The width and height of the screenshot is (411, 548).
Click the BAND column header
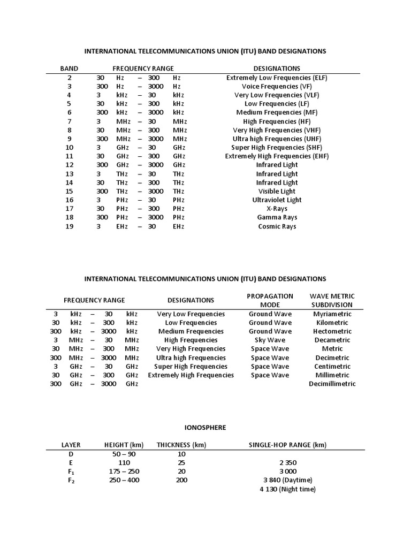[69, 68]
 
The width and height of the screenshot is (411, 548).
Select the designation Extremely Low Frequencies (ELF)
[277, 78]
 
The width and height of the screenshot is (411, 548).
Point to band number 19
[69, 226]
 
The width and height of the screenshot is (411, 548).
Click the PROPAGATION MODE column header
[270, 300]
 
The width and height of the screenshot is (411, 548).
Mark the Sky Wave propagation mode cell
[270, 340]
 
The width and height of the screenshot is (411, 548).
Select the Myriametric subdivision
[332, 314]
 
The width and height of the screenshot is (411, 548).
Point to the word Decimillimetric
[332, 384]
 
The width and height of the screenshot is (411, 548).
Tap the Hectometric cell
[332, 331]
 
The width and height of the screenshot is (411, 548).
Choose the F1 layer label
[71, 471]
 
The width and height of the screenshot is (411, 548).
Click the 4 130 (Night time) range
[287, 489]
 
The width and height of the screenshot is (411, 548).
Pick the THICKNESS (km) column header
[181, 445]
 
